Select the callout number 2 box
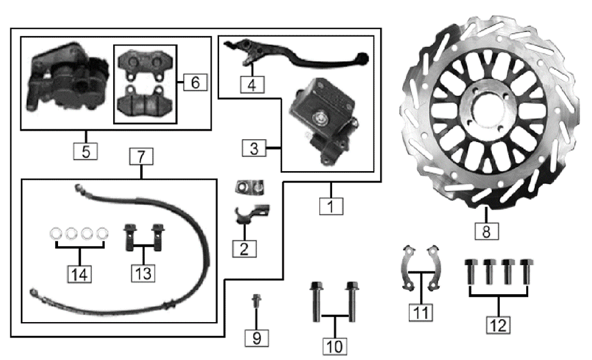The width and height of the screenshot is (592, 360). tap(244, 247)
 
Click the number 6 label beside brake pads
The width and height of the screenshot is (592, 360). tap(195, 82)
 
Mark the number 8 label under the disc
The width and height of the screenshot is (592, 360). tap(486, 230)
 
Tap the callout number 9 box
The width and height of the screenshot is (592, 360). tap(256, 337)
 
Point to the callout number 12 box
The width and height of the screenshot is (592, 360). tap(498, 323)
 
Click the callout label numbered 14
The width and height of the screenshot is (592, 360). tap(81, 274)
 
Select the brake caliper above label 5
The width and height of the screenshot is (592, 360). tap(65, 80)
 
